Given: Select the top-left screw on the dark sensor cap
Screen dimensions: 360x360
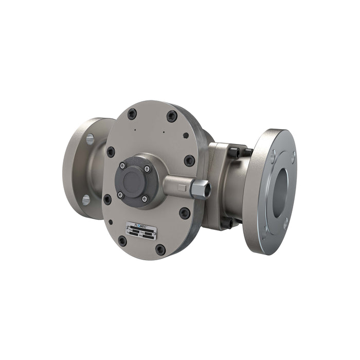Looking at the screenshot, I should (122, 166).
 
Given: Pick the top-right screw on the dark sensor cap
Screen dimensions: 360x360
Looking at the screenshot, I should (147, 169).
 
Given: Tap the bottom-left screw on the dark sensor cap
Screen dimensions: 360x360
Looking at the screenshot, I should (120, 194).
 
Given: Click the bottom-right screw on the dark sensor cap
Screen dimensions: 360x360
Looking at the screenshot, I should (145, 199).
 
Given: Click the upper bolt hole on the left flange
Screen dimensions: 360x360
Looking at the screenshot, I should (89, 139).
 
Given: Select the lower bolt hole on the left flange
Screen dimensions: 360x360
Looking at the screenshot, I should (85, 200).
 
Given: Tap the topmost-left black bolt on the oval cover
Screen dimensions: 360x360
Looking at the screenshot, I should (132, 114).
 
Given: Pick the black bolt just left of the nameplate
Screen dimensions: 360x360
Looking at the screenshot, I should (122, 240).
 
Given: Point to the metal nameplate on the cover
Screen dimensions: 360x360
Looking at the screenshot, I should (141, 230).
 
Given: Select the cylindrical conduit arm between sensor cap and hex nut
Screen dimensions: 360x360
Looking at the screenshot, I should (177, 185).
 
